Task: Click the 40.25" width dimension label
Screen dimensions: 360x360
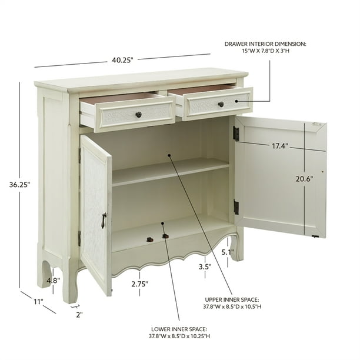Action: coord(123,59)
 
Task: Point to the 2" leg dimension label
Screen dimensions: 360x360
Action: coord(79,314)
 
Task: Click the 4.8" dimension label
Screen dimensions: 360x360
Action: coord(54,281)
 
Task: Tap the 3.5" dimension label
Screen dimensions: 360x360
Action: coord(204,266)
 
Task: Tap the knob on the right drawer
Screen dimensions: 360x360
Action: coord(221,104)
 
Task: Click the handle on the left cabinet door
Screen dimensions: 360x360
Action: coord(103,220)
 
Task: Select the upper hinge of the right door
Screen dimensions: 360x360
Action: coord(236,134)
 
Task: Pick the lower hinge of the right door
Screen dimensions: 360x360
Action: coord(236,207)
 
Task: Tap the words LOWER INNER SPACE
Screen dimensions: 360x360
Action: coord(179,329)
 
